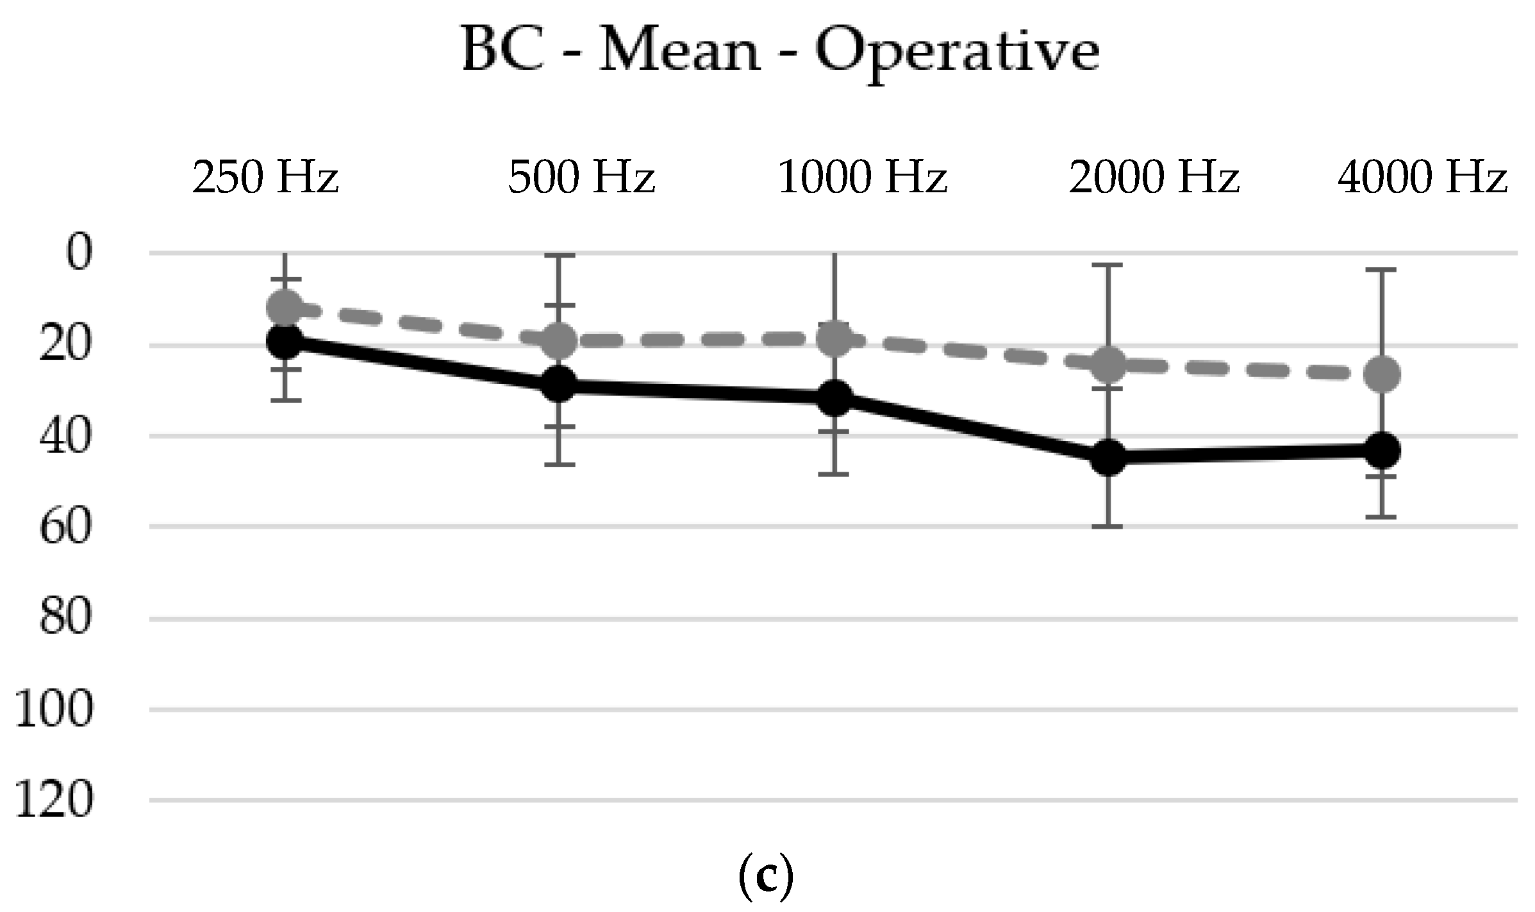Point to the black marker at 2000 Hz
click(1108, 457)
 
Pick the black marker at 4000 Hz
click(1382, 451)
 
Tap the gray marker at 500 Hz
click(559, 340)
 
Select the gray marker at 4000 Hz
click(1382, 374)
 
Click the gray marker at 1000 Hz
click(836, 338)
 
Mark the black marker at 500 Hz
click(559, 384)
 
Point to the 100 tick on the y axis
click(54, 709)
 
